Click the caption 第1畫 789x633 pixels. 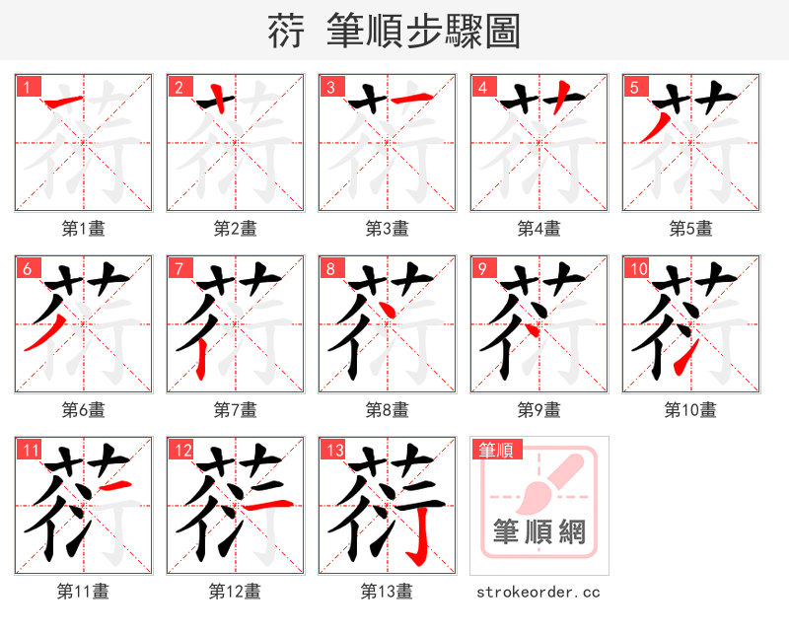pos(83,229)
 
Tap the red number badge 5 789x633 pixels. pos(634,87)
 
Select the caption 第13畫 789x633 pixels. pos(387,592)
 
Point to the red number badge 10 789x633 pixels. pos(637,268)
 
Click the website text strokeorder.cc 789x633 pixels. pos(538,593)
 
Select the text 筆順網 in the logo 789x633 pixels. pos(538,533)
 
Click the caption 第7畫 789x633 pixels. pos(235,410)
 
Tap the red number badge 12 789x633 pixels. pos(181,451)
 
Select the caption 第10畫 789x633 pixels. pos(690,410)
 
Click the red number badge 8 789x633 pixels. pos(330,268)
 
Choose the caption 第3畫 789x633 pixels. pos(387,229)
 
